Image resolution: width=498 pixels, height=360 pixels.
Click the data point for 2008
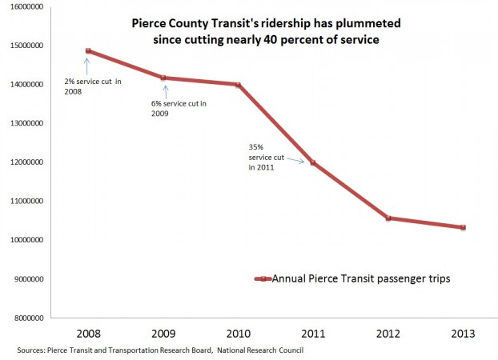pyautogui.click(x=88, y=51)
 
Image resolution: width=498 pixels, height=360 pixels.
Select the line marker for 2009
pyautogui.click(x=164, y=78)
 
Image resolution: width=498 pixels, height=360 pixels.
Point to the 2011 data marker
pyautogui.click(x=314, y=162)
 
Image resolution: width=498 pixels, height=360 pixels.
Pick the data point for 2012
pyautogui.click(x=389, y=218)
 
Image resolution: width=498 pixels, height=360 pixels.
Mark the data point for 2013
pyautogui.click(x=464, y=227)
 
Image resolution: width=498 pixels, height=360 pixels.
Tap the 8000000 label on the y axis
pyautogui.click(x=25, y=318)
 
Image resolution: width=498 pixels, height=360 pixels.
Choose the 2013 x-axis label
pyautogui.click(x=464, y=332)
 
